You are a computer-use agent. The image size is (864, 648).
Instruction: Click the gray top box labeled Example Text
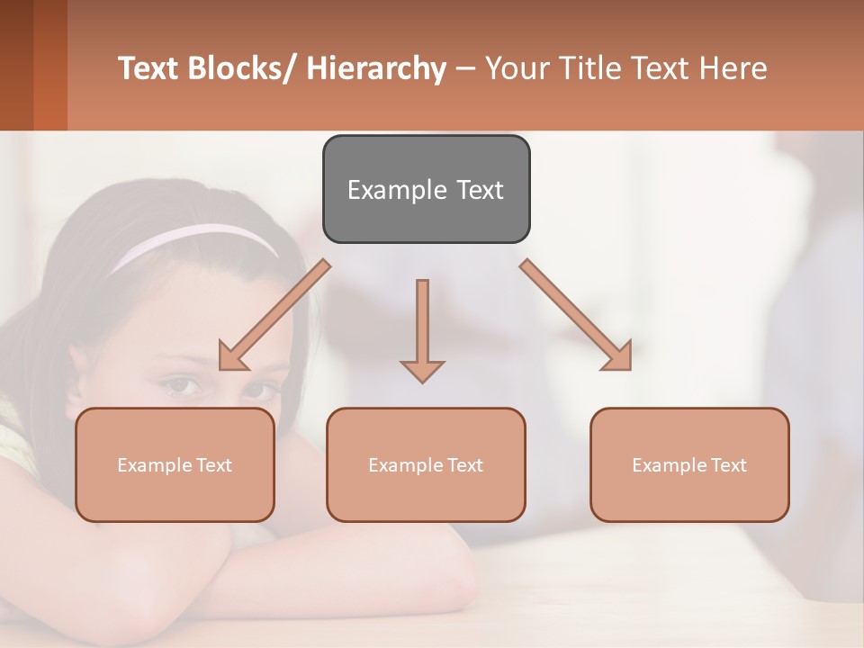coord(426,189)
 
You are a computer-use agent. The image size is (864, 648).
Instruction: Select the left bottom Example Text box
coord(175,464)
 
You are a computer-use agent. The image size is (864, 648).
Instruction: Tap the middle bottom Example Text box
coord(426,464)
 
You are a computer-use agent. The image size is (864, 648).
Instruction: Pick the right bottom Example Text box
coord(689,464)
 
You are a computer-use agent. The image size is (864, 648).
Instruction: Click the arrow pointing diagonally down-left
coord(274,315)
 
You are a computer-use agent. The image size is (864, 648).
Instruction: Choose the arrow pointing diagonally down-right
coord(576,315)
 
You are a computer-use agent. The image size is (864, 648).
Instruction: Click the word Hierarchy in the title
coord(376,68)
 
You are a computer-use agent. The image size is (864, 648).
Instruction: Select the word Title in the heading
coord(578,68)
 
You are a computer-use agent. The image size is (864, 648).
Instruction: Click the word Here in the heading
coord(734,68)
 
